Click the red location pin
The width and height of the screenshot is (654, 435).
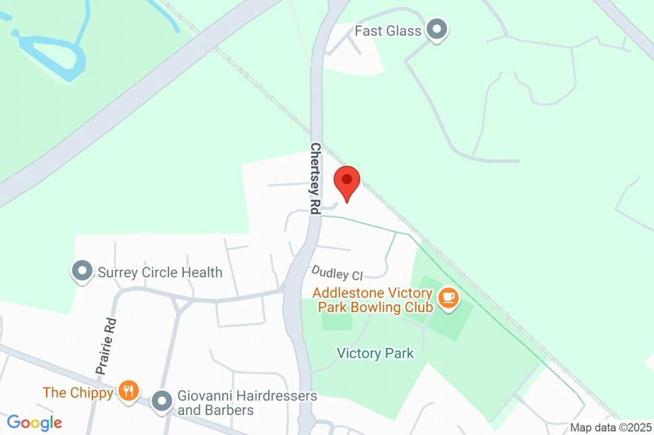(347, 182)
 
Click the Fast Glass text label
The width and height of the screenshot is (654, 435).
(388, 31)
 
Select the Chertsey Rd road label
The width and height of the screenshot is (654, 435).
(316, 178)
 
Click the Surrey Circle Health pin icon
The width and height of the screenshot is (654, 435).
(82, 271)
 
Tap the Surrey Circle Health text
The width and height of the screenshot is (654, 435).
(160, 273)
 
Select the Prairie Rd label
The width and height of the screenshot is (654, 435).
(105, 346)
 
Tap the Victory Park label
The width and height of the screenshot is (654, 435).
(376, 353)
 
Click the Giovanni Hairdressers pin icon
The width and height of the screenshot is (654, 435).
(163, 401)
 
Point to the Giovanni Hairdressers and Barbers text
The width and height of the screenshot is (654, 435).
(247, 403)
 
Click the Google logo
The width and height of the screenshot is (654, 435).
(34, 423)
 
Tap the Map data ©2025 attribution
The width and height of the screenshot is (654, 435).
(611, 427)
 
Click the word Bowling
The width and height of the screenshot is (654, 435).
(382, 307)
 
